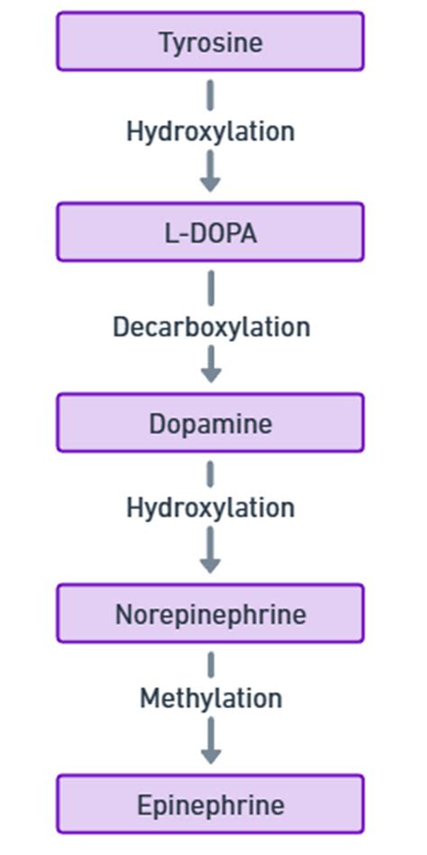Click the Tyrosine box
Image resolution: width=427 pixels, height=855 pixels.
(210, 41)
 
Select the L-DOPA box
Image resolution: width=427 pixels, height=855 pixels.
(210, 233)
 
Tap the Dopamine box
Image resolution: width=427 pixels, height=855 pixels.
(210, 423)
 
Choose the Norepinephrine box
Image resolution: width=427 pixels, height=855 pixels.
(210, 614)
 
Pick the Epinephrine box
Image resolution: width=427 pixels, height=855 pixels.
(210, 804)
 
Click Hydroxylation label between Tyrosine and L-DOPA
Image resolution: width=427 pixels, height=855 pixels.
(210, 132)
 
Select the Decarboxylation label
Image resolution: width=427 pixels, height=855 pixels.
(211, 326)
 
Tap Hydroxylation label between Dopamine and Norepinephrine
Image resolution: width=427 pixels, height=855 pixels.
(210, 508)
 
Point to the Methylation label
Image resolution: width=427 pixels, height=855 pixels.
(210, 698)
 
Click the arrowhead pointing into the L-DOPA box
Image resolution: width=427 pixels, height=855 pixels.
(210, 183)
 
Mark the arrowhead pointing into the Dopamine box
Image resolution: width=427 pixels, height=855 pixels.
(210, 373)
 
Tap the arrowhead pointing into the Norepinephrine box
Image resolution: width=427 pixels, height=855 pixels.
(210, 565)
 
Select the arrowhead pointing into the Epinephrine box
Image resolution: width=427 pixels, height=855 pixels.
(210, 756)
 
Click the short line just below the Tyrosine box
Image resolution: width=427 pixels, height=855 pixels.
(210, 94)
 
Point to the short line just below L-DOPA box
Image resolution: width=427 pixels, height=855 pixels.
(210, 287)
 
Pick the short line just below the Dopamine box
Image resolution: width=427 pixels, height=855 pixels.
(210, 473)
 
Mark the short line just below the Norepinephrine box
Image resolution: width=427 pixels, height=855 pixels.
(210, 665)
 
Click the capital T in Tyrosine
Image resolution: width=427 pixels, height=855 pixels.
(166, 42)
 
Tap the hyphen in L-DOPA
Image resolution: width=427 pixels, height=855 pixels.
(181, 234)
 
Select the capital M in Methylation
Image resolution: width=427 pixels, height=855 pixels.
(149, 698)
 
